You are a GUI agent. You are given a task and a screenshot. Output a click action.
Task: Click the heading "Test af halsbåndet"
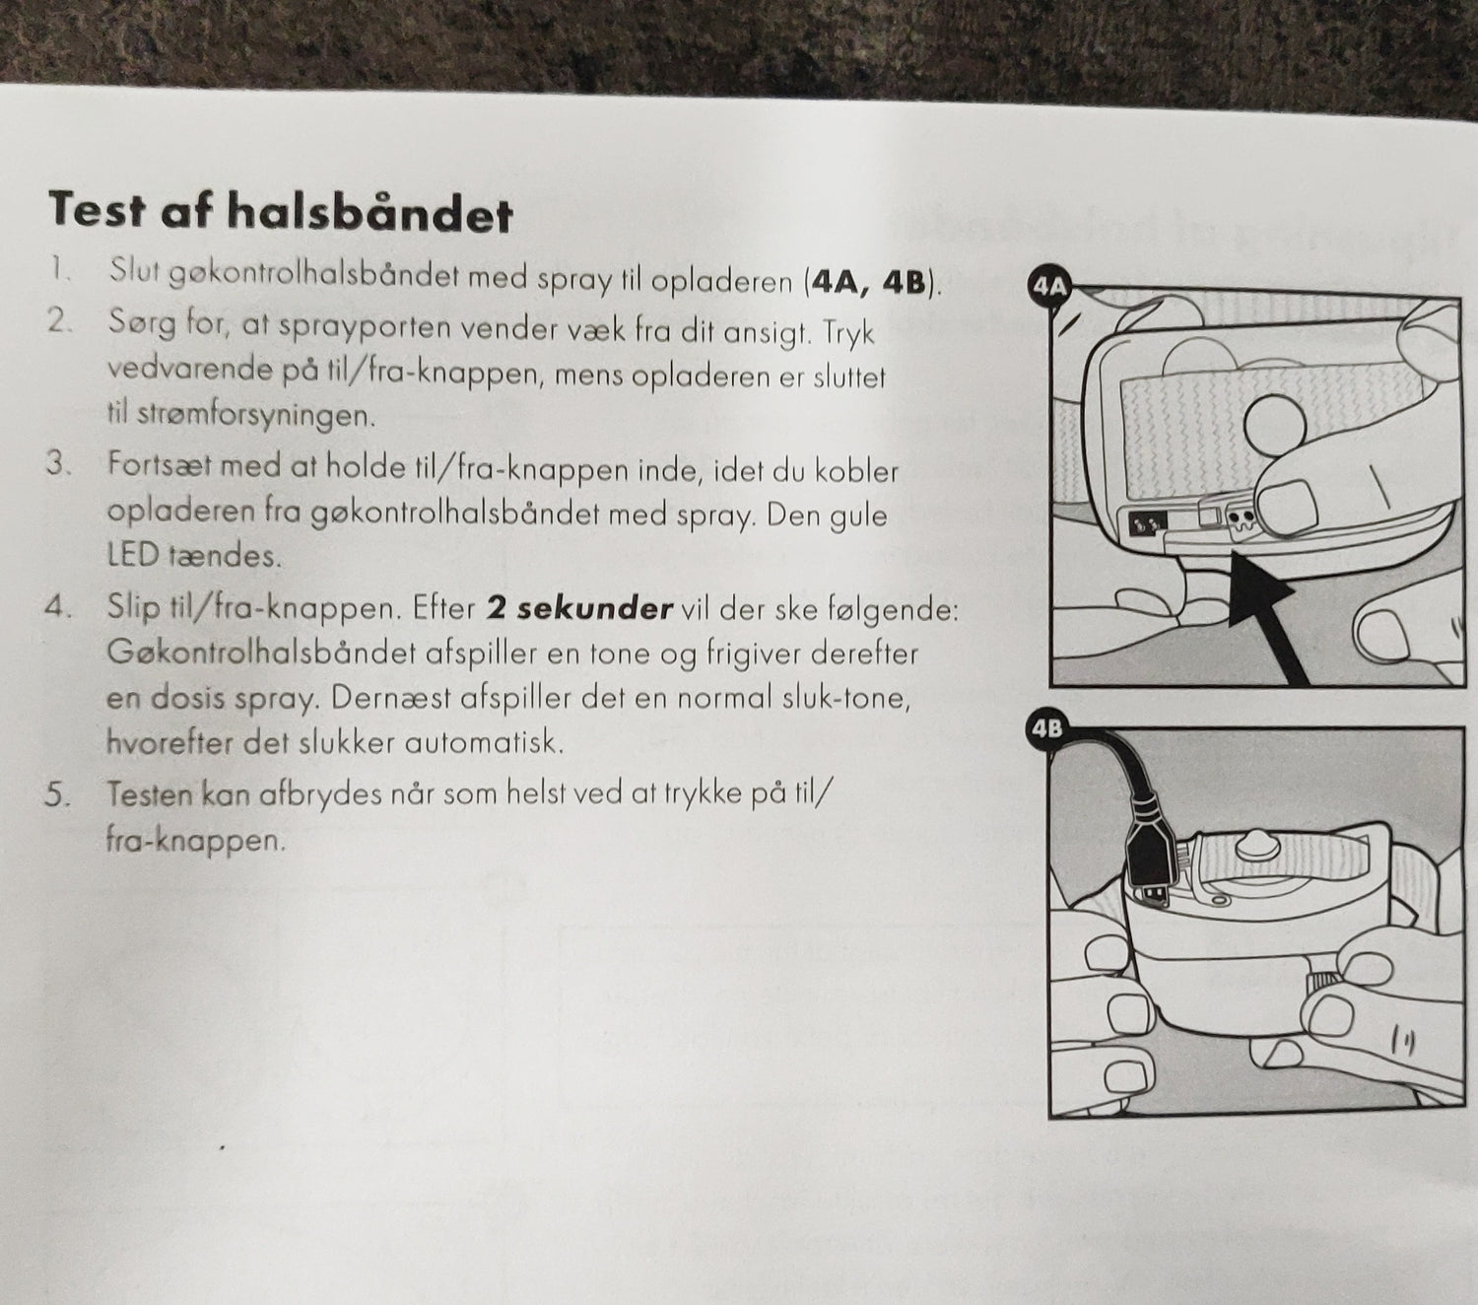point(280,212)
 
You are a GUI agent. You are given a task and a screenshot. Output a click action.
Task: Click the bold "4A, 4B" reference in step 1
point(867,283)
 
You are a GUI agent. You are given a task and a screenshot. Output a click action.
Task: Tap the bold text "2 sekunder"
point(579,608)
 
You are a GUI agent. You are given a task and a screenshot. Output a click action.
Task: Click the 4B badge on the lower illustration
point(1046,729)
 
